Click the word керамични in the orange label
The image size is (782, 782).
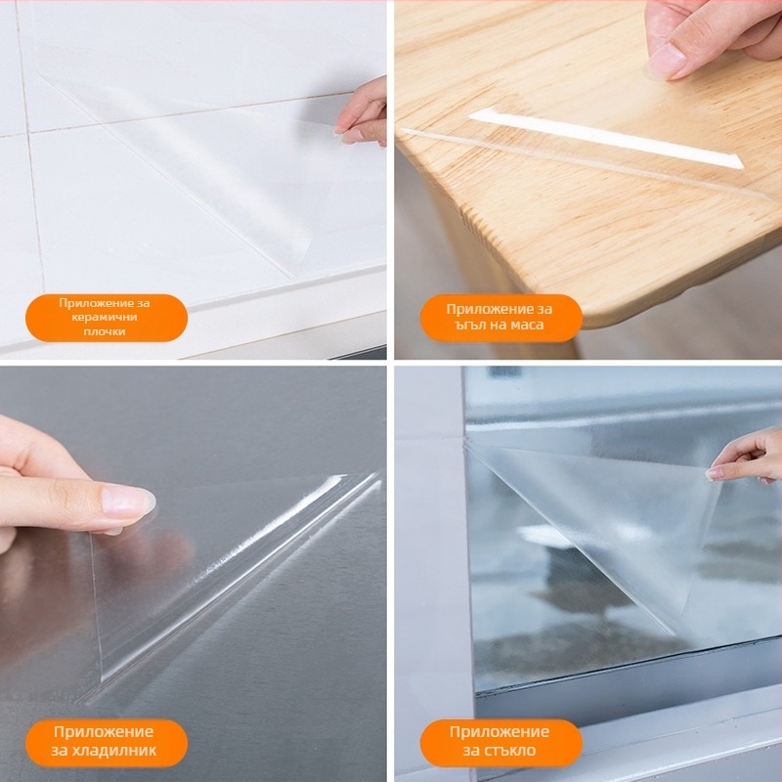[105, 317]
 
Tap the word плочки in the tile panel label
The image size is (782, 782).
[105, 331]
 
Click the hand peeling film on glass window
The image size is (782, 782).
[747, 456]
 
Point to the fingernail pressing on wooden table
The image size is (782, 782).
[666, 61]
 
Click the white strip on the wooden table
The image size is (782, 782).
[606, 137]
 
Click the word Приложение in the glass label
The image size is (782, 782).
[500, 731]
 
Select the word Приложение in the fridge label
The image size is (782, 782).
[104, 731]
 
